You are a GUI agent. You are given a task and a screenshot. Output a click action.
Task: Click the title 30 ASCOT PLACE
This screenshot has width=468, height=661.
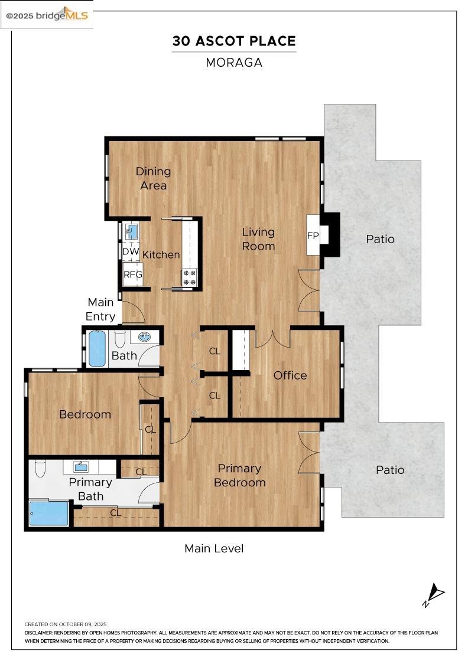pos(234,41)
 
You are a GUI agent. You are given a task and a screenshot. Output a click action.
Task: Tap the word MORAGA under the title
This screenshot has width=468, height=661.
pos(234,63)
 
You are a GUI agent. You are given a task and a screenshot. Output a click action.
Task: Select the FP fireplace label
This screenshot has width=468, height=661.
pos(313,235)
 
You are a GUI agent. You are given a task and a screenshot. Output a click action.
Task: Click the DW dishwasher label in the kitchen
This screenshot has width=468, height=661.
pos(131,251)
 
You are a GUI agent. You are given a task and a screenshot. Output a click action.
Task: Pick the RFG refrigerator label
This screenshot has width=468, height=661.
pos(132,274)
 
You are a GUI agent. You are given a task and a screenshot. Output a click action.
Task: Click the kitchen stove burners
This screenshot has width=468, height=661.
pos(190,277)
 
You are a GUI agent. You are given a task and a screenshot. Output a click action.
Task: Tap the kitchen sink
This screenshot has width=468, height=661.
pos(131,231)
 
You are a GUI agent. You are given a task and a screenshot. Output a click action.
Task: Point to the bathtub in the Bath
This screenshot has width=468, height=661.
pos(97,348)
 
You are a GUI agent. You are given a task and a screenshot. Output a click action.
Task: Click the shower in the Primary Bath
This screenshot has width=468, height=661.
pos(49,513)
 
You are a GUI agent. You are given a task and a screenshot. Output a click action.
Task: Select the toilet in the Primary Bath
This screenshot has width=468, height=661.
pos(40,467)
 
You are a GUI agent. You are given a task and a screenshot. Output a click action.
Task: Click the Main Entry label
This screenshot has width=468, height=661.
pos(100,309)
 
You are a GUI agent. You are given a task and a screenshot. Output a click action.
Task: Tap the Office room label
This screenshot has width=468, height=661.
pos(290,375)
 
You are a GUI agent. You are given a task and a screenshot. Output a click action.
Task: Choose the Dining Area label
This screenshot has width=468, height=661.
pos(153,178)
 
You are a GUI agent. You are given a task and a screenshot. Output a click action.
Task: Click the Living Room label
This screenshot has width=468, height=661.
pos(258,239)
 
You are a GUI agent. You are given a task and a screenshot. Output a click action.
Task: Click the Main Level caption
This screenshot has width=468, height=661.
pos(214,548)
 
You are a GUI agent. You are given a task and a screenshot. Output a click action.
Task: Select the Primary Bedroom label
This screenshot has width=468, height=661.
pos(239,475)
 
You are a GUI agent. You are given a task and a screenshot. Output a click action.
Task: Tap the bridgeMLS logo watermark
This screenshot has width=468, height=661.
pos(47,15)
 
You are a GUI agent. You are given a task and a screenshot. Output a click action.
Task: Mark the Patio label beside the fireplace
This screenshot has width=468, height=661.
pos(380,239)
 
